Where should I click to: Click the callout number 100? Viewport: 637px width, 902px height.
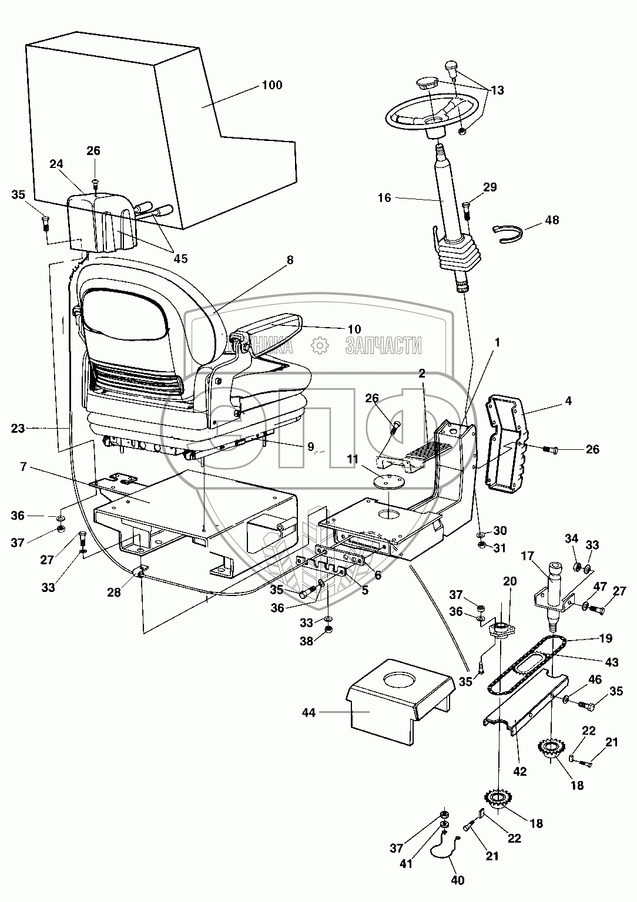[271, 85]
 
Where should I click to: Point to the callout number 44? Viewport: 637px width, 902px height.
[309, 713]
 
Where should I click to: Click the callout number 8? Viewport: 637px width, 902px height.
[290, 260]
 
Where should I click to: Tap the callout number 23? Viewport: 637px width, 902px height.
[18, 428]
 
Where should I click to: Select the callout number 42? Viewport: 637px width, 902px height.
[519, 772]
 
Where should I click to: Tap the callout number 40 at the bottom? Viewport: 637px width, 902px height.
[458, 880]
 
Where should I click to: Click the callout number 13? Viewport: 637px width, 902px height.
[497, 90]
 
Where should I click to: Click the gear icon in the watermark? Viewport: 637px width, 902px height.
[319, 346]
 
